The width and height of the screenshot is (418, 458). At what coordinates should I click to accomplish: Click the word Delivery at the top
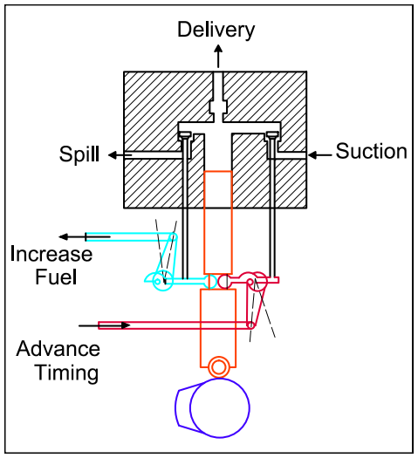click(216, 30)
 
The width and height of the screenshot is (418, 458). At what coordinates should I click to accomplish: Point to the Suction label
click(371, 152)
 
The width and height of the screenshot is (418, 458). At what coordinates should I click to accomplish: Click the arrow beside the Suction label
click(322, 154)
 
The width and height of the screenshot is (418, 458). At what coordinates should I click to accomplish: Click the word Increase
click(51, 254)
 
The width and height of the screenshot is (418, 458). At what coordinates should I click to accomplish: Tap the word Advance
click(58, 350)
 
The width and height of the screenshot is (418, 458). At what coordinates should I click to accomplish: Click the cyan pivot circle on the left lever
click(159, 280)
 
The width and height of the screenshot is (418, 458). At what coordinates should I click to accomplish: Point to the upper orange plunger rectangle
click(217, 222)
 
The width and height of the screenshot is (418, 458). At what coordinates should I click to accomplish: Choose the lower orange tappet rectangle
click(217, 322)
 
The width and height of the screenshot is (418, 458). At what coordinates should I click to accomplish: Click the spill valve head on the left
click(185, 133)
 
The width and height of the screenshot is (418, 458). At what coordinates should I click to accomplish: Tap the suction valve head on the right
click(272, 133)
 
